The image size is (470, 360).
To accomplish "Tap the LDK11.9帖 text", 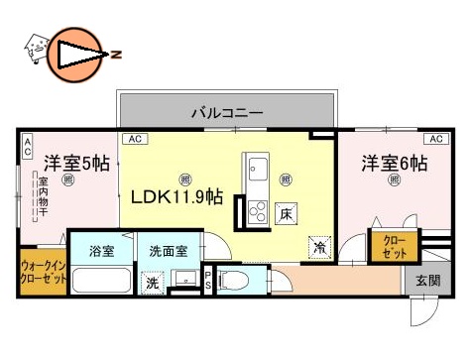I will (x=176, y=196).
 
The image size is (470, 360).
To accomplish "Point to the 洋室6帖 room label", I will (x=394, y=162).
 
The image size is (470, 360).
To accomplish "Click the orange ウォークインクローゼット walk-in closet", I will (x=43, y=274).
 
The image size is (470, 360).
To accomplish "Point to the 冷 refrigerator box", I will (x=320, y=246).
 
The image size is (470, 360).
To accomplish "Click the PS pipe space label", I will (x=207, y=281).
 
